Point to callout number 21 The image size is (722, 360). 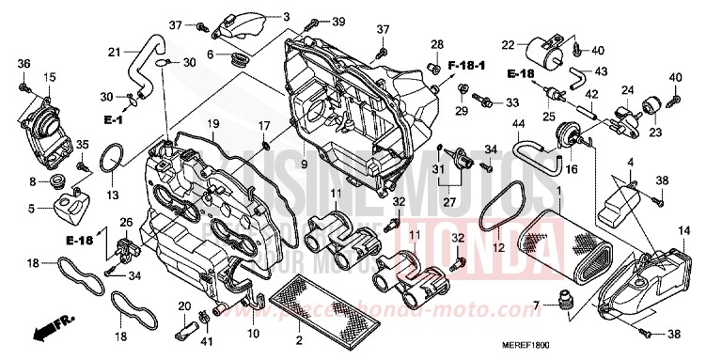pyautogui.click(x=114, y=51)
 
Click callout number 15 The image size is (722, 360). pyautogui.click(x=49, y=77)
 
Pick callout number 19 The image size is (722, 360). pyautogui.click(x=213, y=123)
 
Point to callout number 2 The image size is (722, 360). pyautogui.click(x=299, y=338)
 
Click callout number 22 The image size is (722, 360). pyautogui.click(x=508, y=44)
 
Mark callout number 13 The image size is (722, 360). pyautogui.click(x=113, y=196)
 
